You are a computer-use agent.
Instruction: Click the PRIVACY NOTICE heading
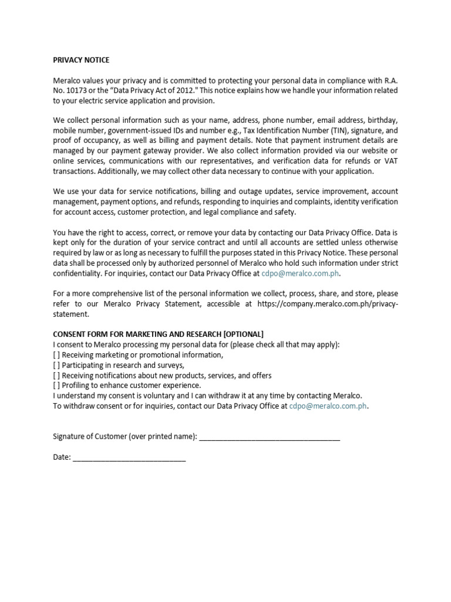pyautogui.click(x=81, y=60)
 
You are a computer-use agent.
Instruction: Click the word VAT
pyautogui.click(x=390, y=161)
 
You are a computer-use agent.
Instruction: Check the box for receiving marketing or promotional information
pyautogui.click(x=56, y=355)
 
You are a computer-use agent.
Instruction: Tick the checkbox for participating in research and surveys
pyautogui.click(x=56, y=365)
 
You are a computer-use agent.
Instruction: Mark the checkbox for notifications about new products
pyautogui.click(x=56, y=375)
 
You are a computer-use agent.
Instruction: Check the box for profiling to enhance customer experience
pyautogui.click(x=56, y=385)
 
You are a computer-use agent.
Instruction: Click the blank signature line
pyautogui.click(x=270, y=437)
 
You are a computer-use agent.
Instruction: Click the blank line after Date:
pyautogui.click(x=129, y=457)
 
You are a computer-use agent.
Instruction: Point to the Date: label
pyautogui.click(x=62, y=457)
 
